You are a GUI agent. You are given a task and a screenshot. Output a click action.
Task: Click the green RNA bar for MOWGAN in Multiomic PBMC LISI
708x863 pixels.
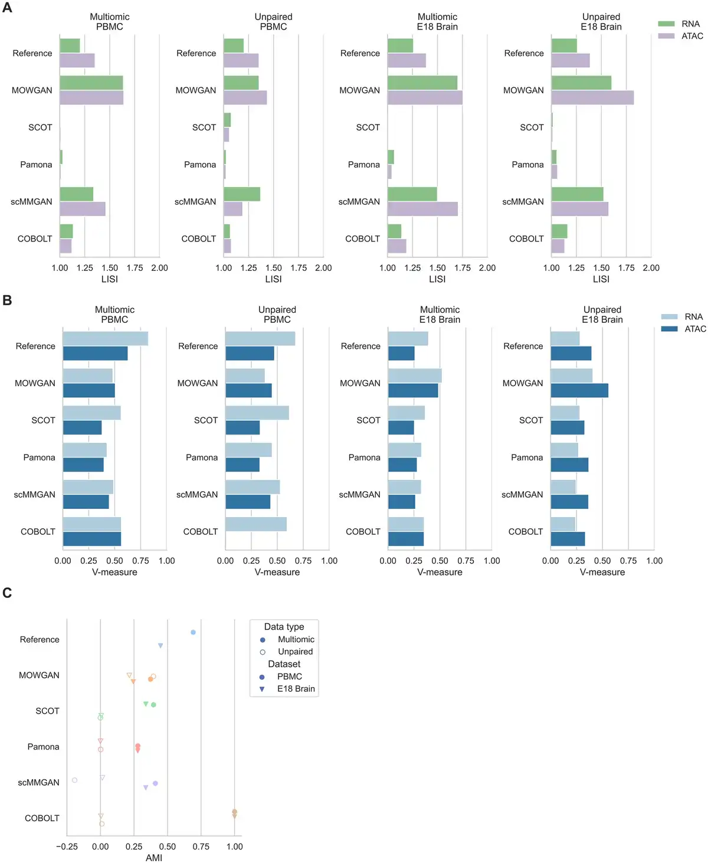click(x=91, y=83)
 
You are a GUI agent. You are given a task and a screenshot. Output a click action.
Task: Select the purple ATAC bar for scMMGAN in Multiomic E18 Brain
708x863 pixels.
click(x=422, y=209)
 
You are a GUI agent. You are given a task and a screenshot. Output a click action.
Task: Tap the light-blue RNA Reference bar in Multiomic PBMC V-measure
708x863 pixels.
click(x=105, y=339)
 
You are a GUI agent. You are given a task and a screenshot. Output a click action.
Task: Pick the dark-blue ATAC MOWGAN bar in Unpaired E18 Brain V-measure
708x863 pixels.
click(x=579, y=391)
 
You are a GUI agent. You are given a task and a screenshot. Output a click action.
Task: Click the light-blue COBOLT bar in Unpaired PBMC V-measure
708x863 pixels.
click(x=256, y=524)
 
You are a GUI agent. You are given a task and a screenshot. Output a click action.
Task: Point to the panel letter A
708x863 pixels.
click(x=7, y=8)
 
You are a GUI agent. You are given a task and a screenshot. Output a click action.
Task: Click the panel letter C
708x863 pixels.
click(x=7, y=593)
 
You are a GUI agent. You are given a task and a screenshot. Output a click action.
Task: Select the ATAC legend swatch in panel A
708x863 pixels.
click(x=666, y=36)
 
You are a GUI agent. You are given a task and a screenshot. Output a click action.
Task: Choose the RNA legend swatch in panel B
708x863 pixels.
click(x=669, y=317)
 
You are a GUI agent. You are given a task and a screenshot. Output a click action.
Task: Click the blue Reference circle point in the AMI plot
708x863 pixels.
click(x=193, y=632)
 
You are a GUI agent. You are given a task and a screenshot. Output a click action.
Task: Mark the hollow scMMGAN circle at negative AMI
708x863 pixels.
click(x=74, y=780)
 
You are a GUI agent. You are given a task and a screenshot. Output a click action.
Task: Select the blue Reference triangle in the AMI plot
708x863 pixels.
click(x=160, y=646)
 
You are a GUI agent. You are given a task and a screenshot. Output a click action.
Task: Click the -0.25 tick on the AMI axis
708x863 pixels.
click(x=67, y=846)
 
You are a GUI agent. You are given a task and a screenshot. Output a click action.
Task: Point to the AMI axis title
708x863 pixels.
click(x=154, y=858)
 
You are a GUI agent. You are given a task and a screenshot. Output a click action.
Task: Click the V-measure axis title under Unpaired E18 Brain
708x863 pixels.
click(x=602, y=572)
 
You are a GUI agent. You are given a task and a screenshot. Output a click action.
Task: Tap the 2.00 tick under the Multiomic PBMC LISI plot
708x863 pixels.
click(x=159, y=268)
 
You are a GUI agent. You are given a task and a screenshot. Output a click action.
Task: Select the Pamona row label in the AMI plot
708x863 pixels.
click(x=43, y=747)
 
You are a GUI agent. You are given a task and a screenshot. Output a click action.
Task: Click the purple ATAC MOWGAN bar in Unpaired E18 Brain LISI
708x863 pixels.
click(x=592, y=97)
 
